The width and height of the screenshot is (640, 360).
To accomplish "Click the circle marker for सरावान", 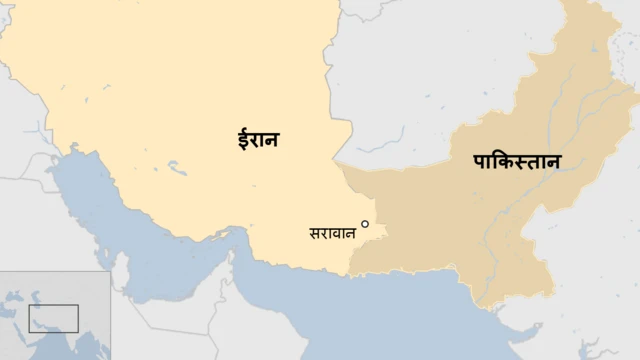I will click(x=365, y=224).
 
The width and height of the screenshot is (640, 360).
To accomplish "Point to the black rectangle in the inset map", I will click(x=53, y=319).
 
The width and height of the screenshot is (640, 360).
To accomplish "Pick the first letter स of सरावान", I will click(x=315, y=233).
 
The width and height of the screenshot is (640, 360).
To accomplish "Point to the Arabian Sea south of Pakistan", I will click(x=420, y=320).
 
